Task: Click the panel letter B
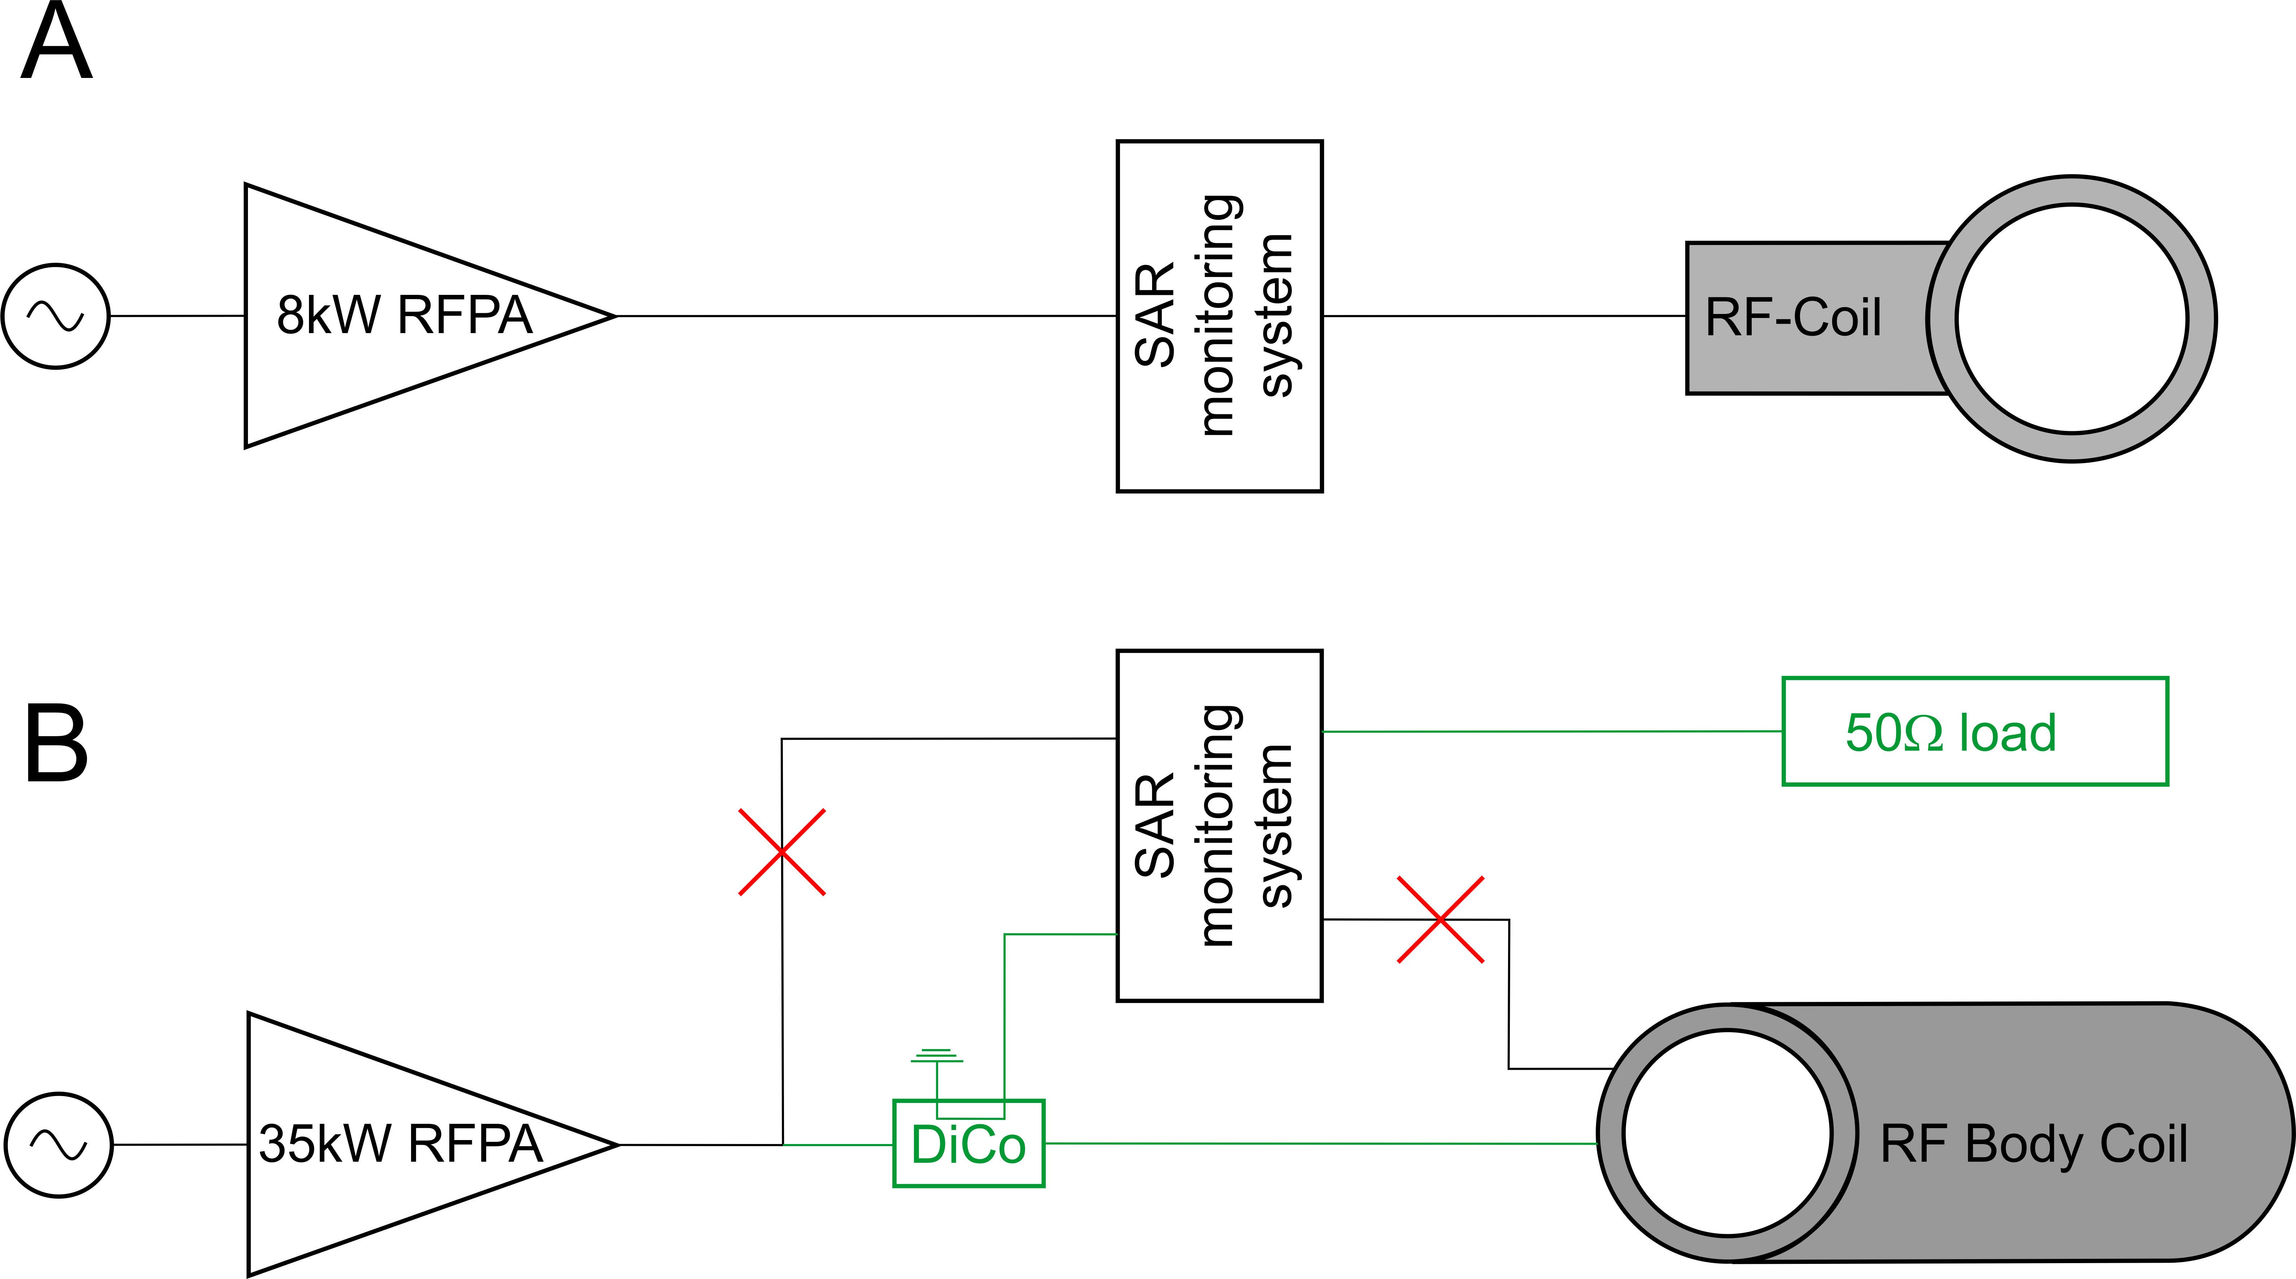point(56,742)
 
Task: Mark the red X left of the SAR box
point(782,852)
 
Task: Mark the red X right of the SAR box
point(1440,919)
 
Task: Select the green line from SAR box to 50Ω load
point(1551,732)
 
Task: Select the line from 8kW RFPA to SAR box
point(864,315)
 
